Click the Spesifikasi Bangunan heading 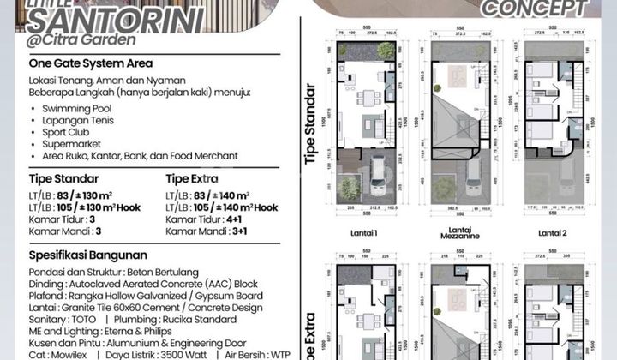[87, 255]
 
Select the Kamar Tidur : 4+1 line [201, 219]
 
